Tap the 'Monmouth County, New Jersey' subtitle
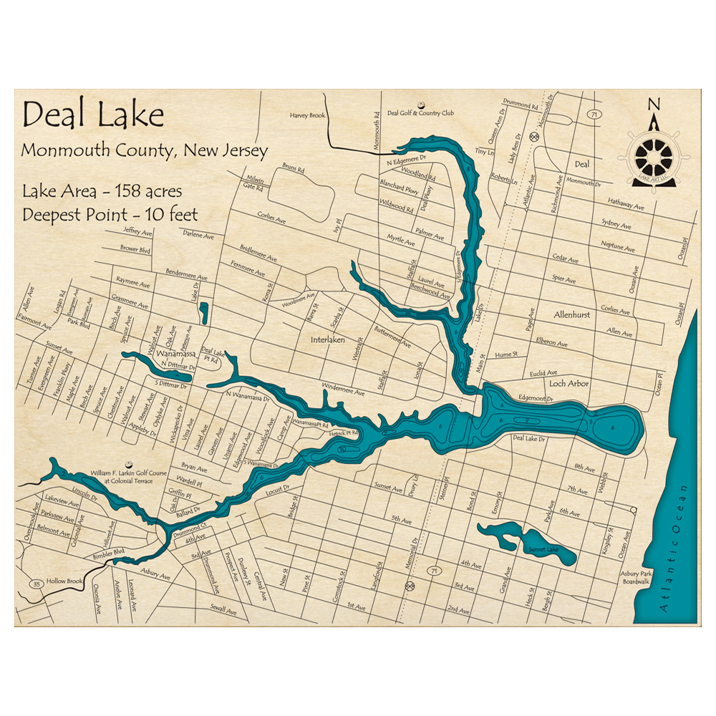point(145,151)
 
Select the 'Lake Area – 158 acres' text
point(102,192)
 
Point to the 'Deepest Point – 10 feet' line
point(110,213)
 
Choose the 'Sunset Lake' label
point(542,549)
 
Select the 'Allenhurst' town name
point(571,314)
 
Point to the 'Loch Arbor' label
point(569,383)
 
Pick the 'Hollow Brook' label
point(65,581)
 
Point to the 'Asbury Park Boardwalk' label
point(637,579)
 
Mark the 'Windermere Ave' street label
point(343,392)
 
